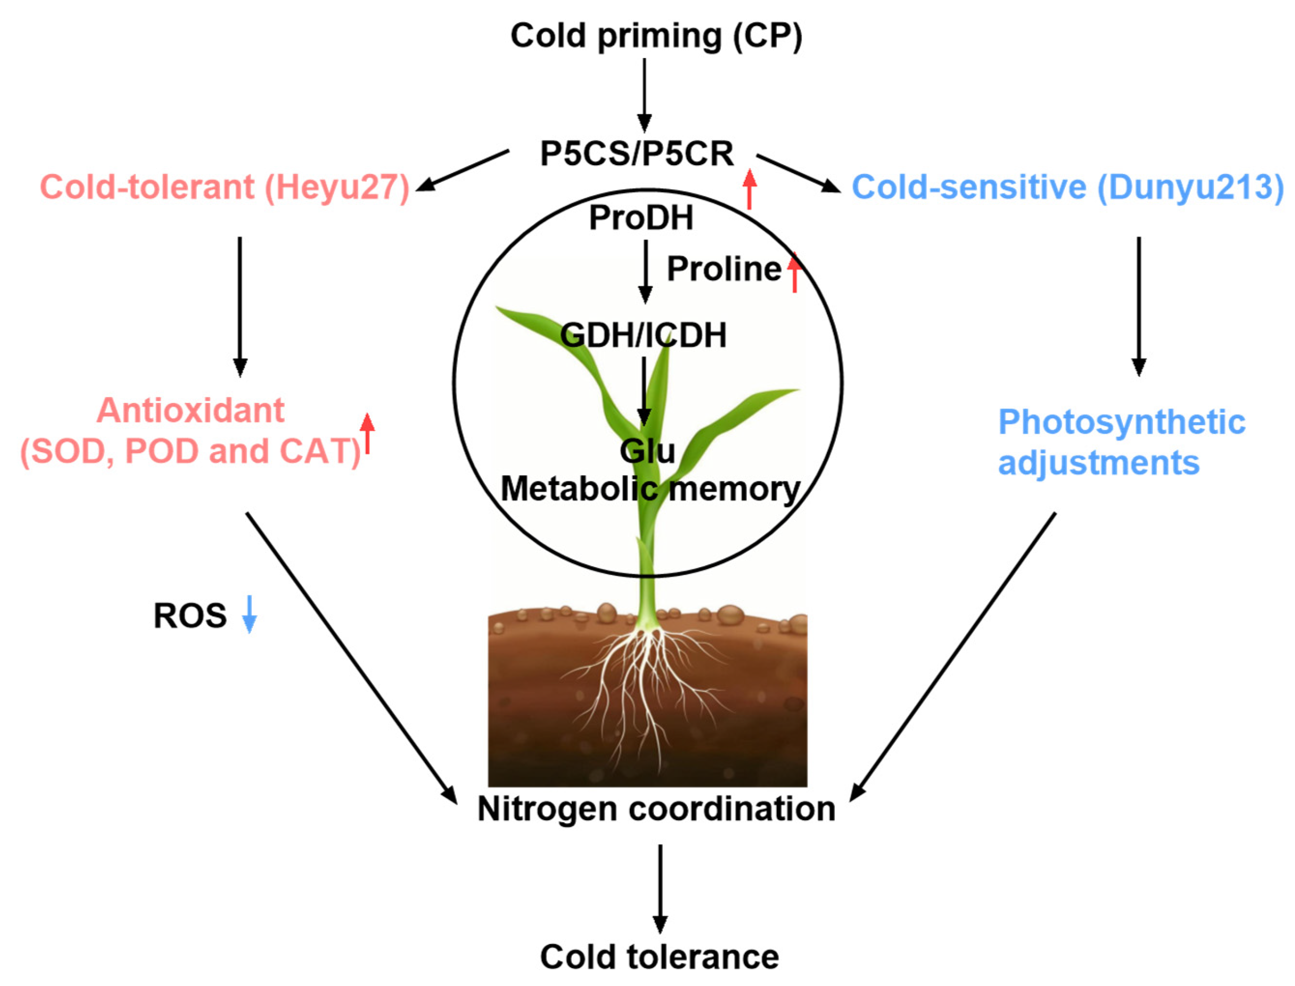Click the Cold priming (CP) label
coord(655,36)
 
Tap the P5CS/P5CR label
coord(636,154)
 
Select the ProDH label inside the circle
coord(641,218)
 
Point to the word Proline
coord(724,269)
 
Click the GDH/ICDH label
coord(643,335)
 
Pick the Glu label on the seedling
coord(647,451)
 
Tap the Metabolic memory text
coord(650,489)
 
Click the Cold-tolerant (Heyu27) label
coord(224,187)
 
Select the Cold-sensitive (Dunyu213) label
coord(1067,187)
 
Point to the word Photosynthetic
coord(1121,422)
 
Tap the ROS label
coord(190,615)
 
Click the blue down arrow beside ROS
coord(250,614)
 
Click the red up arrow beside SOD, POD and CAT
coord(367,433)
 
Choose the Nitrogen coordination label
coord(656,809)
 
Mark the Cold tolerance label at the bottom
coord(659,957)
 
